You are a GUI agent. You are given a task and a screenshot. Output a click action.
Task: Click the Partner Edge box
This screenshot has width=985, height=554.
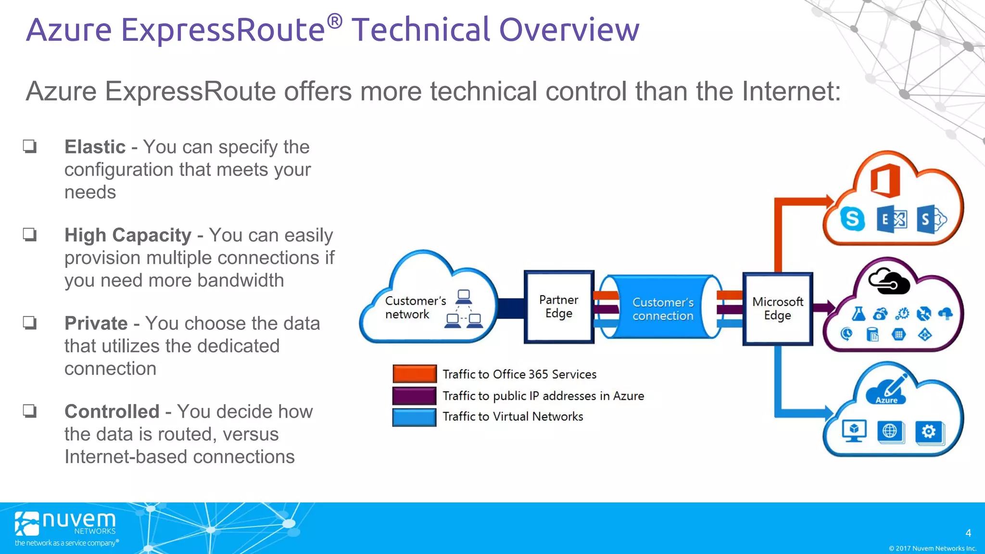click(x=558, y=307)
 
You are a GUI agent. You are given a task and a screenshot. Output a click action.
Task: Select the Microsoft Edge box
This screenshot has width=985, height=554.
click(x=777, y=309)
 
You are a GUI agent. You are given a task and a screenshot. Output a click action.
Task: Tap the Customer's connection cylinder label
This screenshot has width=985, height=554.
click(x=662, y=309)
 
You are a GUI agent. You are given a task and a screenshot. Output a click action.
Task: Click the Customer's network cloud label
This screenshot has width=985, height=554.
click(x=415, y=307)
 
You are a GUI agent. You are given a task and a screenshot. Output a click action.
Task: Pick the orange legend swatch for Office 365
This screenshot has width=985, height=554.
click(x=414, y=374)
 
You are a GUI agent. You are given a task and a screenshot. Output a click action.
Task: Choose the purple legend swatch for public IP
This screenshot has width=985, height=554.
click(x=414, y=395)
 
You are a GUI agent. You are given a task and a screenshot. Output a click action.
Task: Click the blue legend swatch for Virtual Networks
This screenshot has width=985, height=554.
click(x=414, y=417)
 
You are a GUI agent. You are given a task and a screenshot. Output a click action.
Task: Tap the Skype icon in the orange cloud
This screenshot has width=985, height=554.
click(x=852, y=219)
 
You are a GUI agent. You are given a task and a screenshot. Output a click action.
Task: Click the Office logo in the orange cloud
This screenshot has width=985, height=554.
click(x=885, y=181)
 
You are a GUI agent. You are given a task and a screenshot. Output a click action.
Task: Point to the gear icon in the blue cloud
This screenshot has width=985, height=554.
click(x=928, y=431)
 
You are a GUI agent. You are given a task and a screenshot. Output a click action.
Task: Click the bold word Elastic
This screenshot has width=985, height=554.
click(x=95, y=147)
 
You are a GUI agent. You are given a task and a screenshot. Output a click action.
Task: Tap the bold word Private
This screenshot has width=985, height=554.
click(x=96, y=323)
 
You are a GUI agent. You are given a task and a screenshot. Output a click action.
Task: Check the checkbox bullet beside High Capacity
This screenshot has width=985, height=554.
click(x=30, y=235)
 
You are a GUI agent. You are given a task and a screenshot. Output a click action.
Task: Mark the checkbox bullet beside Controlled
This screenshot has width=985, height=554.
click(x=30, y=411)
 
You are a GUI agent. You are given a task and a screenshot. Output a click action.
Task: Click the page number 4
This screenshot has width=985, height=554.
click(x=968, y=533)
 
